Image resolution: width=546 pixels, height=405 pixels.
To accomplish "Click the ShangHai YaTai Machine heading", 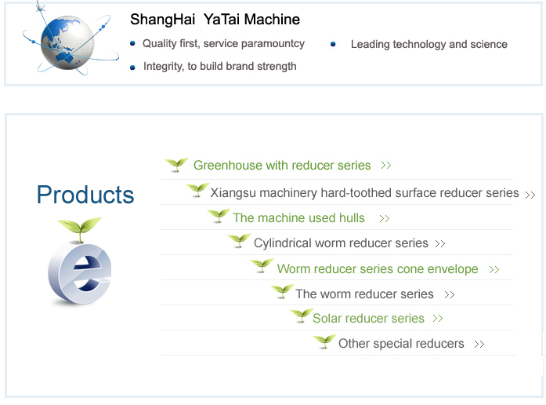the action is pos(215,20).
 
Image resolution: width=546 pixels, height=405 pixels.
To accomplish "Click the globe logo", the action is pos(68,42).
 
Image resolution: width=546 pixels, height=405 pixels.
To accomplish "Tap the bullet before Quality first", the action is pos(132,44).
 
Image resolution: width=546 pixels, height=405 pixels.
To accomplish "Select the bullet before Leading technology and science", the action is pos(333,44).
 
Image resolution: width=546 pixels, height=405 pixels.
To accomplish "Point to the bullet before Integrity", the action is pos(132,67).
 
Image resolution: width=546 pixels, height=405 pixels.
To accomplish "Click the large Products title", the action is pos(85,195).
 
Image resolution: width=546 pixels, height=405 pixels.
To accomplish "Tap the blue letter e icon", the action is pos(80,274).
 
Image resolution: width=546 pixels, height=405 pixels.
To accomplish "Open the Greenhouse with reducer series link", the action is pos(282,165).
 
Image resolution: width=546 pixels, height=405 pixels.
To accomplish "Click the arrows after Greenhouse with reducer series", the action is pos(386,166).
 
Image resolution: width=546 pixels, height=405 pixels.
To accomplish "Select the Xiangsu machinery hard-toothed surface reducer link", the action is pos(364,193).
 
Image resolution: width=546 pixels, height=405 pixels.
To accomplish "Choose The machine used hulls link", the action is pos(298,218).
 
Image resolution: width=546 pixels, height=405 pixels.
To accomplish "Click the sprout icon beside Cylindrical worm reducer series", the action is pos(239,240).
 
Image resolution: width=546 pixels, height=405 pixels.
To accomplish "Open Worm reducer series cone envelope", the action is pos(378,269).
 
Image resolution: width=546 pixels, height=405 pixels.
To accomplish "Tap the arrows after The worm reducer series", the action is pos(450,295).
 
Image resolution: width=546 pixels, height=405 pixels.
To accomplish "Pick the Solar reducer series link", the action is pos(368,319).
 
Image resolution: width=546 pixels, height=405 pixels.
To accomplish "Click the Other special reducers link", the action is pos(401,344).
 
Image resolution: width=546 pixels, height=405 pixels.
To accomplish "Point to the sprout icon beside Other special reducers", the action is pos(324,341).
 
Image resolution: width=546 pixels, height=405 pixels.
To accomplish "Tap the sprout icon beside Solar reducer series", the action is pos(302,316).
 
